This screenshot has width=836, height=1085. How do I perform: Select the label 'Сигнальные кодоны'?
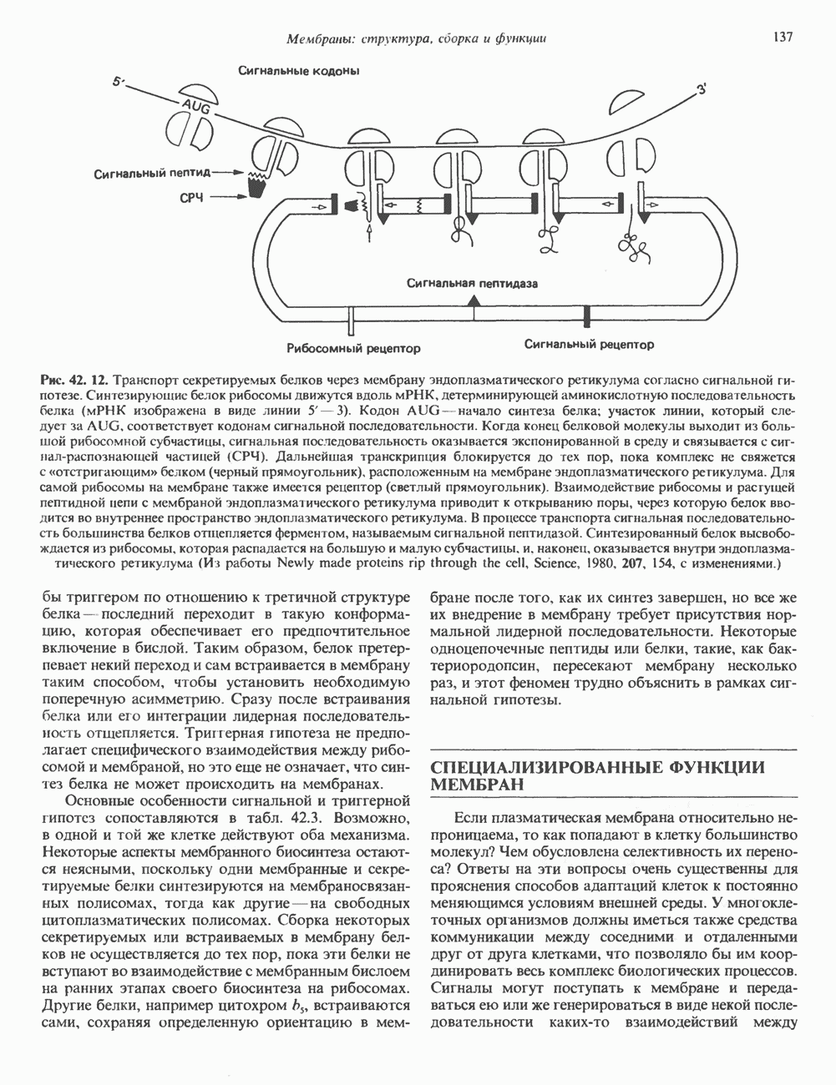299,71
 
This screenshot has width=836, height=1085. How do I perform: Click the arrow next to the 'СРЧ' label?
228,199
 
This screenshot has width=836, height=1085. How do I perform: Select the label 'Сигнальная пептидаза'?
472,283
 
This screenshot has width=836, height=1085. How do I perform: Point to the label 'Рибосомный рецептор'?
352,346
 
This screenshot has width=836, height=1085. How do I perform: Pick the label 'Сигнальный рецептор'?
589,344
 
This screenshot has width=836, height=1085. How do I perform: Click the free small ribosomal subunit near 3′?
636,103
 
